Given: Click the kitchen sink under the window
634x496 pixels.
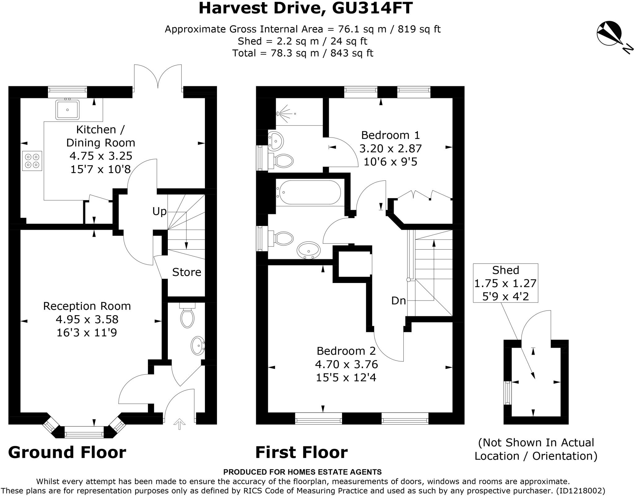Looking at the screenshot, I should [67, 109].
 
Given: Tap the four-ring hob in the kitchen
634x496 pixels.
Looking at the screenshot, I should [32, 161].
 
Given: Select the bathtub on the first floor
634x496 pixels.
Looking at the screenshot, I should [308, 192].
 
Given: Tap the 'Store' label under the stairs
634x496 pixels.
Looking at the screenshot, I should [186, 272].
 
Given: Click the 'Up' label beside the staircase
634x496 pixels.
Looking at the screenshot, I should [159, 211].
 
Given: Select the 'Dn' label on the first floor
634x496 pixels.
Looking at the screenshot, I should [398, 300].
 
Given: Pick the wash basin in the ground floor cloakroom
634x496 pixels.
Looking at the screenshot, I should [198, 345].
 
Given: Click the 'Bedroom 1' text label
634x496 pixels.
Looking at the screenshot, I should [390, 135].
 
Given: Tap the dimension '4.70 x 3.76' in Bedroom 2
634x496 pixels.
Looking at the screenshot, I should [346, 364].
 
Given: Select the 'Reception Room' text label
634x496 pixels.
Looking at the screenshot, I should [87, 306].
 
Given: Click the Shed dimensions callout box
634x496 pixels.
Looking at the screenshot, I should [505, 283].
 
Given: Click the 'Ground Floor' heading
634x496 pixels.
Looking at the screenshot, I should [67, 452].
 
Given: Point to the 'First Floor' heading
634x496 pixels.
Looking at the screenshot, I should [301, 452].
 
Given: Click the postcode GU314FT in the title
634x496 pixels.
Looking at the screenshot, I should [372, 8].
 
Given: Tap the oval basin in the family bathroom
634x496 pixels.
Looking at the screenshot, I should [308, 250].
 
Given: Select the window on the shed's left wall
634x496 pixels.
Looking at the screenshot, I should [507, 393].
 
